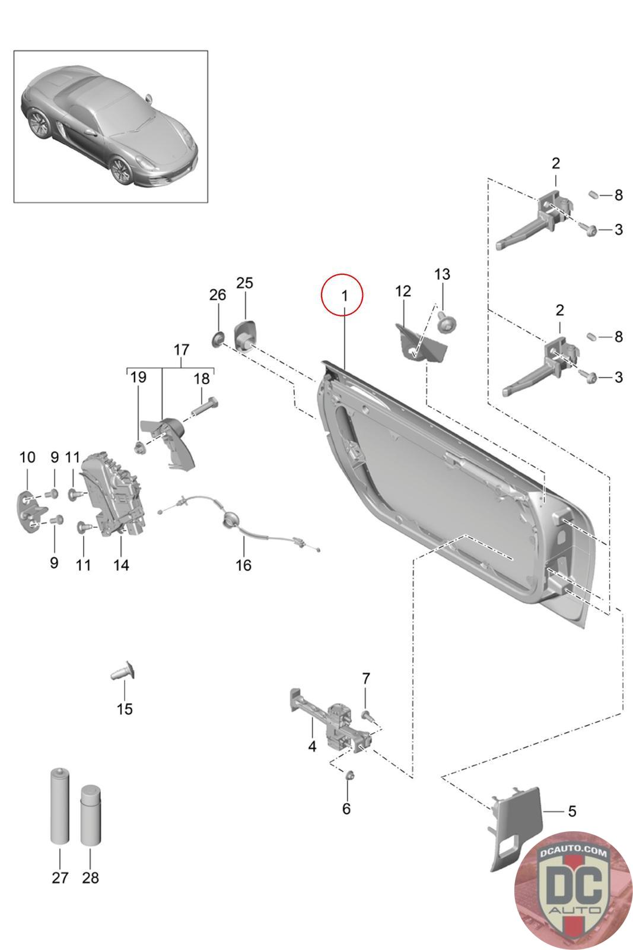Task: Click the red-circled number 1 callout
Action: [342, 295]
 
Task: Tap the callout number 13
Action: [442, 274]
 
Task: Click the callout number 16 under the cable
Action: [244, 565]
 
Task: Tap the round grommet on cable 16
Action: [229, 521]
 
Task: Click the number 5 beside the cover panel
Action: [571, 811]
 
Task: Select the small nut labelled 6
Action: [349, 775]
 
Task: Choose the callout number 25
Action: [244, 283]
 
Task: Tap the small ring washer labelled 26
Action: [218, 340]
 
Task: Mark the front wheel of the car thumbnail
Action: [122, 170]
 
